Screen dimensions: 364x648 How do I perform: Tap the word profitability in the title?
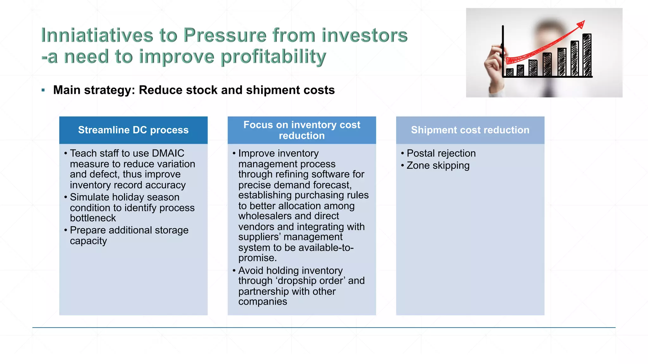pos(273,57)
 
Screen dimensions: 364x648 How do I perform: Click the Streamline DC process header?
pos(133,130)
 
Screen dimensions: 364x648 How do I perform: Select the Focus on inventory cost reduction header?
pos(302,130)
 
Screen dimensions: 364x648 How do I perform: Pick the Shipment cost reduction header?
pos(470,130)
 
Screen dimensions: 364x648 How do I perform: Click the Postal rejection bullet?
pos(441,153)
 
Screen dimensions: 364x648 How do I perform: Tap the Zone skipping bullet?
pos(438,166)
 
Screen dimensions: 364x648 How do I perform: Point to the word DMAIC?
pos(168,153)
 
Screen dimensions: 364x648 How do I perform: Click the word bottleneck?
pos(93,218)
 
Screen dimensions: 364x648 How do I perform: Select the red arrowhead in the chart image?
pos(581,24)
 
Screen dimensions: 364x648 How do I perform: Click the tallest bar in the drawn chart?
pos(587,55)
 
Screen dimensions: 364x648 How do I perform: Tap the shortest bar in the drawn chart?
pos(509,72)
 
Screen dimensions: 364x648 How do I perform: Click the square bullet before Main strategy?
pos(43,90)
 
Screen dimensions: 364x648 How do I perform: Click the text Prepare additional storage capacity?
pos(129,235)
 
